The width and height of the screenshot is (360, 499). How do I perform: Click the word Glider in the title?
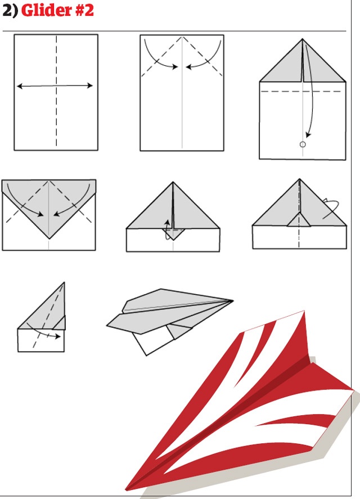click(46, 10)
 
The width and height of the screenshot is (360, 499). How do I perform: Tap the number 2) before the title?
click(11, 11)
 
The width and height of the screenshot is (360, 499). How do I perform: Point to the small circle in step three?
click(303, 145)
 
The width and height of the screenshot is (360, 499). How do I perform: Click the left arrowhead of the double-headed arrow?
click(20, 86)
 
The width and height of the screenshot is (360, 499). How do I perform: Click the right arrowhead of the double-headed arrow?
click(90, 86)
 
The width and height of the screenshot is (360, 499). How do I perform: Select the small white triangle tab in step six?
click(299, 220)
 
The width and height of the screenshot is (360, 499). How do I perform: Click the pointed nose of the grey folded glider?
click(233, 300)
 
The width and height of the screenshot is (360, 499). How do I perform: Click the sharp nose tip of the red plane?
click(127, 489)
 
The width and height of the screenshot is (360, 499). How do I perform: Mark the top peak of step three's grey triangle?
click(303, 39)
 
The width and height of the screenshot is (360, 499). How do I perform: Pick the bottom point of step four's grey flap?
click(49, 238)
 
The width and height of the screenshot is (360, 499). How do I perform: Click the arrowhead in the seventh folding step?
click(57, 336)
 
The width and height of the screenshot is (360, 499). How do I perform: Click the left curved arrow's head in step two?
click(174, 66)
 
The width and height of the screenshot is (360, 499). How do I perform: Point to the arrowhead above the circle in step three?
click(308, 135)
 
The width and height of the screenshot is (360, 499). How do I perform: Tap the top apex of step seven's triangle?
click(64, 283)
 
